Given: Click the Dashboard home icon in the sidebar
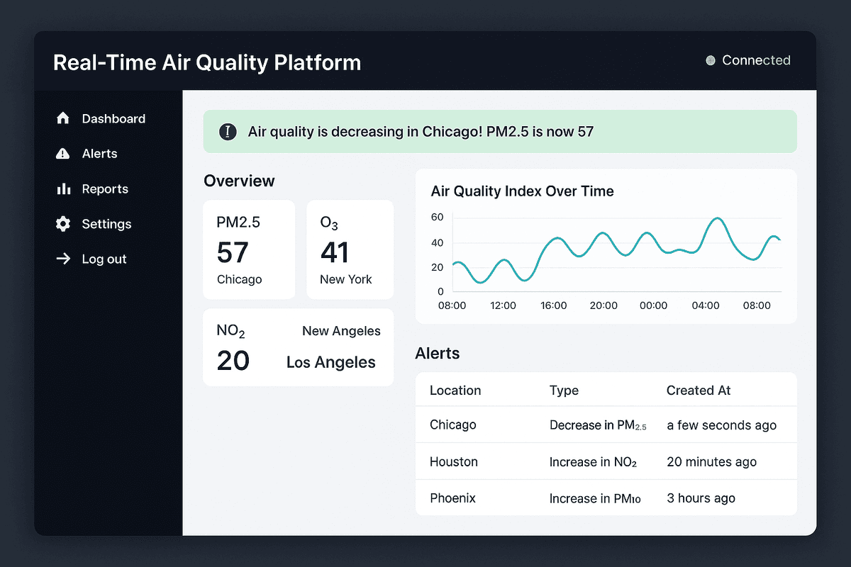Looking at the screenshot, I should pos(63,118).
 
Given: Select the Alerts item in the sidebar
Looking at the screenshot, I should pos(99,154).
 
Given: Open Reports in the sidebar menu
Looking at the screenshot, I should pos(105,189).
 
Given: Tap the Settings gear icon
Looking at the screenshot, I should pos(63,224).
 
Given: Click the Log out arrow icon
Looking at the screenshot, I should pos(63,259).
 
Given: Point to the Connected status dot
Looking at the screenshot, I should pos(711,61).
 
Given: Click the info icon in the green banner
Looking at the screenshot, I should pos(228,131).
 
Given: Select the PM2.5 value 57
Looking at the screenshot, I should pos(233,252).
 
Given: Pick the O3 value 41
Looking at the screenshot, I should pos(335,252).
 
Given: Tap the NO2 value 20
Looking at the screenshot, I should pos(233,361).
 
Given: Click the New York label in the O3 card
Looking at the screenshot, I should pos(345,279).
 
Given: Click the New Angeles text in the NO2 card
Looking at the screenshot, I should pos(341,331).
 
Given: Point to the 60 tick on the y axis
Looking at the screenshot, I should pos(437,218).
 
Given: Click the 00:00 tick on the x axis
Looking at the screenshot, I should pos(653,305).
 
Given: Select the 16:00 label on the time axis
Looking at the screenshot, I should pos(553,305).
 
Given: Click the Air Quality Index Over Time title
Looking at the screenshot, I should pos(522,191).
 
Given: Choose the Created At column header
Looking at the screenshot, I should pos(698,391).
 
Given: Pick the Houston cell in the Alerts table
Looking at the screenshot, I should pos(454,461).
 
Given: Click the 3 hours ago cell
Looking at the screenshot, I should pos(701,498).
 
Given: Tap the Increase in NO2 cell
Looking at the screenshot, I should pos(593,462).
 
